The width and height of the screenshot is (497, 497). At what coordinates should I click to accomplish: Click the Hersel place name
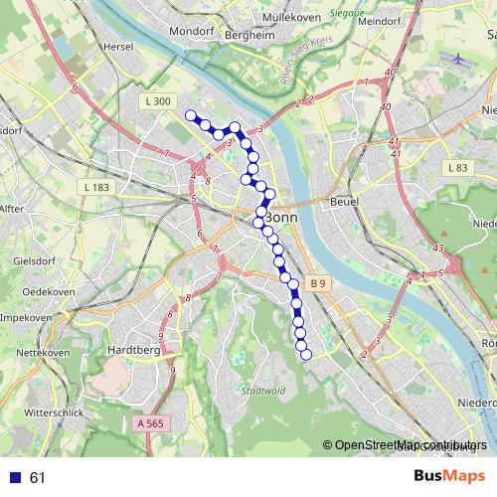[116, 46]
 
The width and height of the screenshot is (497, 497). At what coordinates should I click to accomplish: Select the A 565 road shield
[149, 423]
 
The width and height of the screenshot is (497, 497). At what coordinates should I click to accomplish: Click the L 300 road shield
[158, 100]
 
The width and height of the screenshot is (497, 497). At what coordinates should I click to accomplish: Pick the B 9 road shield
[318, 283]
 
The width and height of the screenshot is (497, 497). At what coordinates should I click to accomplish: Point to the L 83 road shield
[457, 168]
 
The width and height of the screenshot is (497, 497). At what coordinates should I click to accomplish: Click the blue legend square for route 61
[16, 478]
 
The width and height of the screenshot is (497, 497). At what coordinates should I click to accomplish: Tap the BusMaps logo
[450, 477]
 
